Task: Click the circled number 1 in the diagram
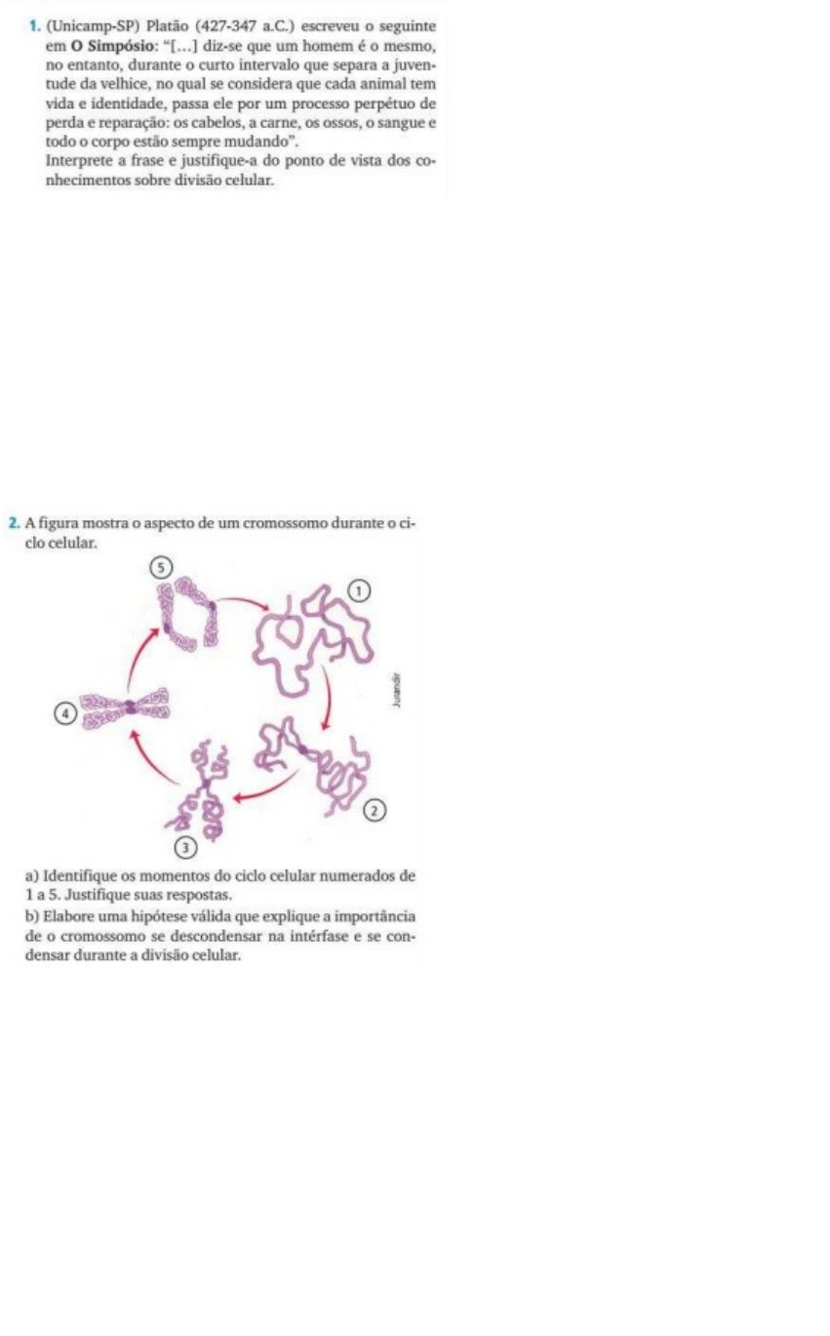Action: [x=358, y=590]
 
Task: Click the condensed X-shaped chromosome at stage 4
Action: [x=127, y=708]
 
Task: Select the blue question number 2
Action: [x=15, y=524]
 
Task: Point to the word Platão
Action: [x=168, y=26]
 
